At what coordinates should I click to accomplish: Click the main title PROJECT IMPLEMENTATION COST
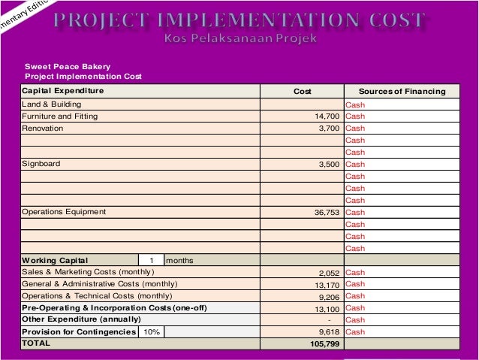coord(239,20)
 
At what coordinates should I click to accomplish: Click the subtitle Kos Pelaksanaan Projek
coord(240,38)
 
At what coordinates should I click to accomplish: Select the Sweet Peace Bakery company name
coord(68,66)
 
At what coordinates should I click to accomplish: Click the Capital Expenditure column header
coord(63,90)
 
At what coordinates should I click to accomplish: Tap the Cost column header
coord(302,91)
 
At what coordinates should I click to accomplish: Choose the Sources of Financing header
coord(402,91)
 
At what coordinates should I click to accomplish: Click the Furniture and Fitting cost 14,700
coord(327,116)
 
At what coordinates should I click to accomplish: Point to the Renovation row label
coord(43,129)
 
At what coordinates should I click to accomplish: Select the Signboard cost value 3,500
coord(330,165)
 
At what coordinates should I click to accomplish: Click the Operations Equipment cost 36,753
coord(327,212)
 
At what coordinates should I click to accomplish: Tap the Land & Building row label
coord(52,104)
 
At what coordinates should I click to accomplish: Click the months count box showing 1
coord(151,260)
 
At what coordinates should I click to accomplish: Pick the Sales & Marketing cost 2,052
coord(330,273)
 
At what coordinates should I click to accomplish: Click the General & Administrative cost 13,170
coord(327,285)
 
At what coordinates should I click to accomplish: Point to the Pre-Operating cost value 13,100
coord(327,309)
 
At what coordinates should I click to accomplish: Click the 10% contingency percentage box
coord(151,332)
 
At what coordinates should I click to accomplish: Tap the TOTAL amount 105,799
coord(325,343)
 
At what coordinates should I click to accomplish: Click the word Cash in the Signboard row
coord(355,165)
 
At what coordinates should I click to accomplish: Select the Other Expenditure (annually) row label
coord(81,319)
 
